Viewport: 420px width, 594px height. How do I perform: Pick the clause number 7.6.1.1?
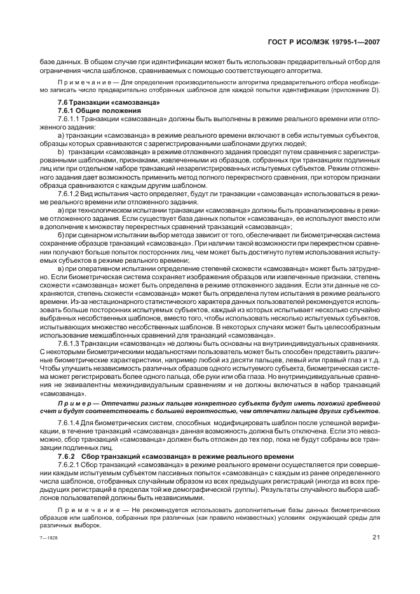[68, 118]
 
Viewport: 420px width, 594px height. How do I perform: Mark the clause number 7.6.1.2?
[68, 193]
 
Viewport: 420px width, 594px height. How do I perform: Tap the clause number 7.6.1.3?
[68, 342]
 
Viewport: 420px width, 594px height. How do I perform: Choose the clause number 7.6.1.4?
[68, 422]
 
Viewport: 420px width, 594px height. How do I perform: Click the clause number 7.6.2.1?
[68, 465]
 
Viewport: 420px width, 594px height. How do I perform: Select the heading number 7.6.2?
[67, 456]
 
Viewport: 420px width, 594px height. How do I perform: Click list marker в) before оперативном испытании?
[61, 268]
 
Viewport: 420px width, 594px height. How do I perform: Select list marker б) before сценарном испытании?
[61, 234]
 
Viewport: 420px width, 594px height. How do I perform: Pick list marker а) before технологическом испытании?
[61, 209]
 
